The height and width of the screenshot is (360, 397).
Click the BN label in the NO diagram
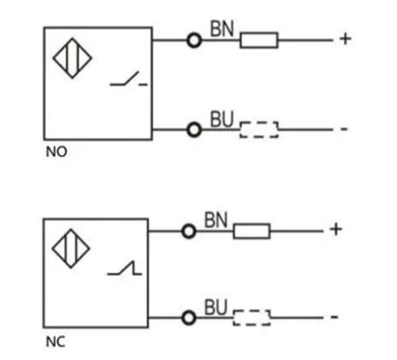pos(222,28)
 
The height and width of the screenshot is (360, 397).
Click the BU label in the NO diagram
pos(222,119)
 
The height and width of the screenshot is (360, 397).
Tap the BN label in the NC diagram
pos(216,220)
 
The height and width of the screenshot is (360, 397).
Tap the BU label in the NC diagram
pos(216,307)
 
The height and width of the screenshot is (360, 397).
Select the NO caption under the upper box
pos(56,151)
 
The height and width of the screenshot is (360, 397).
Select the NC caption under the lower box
pos(56,342)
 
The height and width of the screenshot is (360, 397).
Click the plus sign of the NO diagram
pos(345,38)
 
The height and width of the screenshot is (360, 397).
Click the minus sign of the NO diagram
pos(344,129)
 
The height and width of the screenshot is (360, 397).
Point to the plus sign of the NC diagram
pos(335,229)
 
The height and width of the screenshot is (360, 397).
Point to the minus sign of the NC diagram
pos(335,316)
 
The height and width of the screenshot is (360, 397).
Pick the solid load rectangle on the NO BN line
pos(259,40)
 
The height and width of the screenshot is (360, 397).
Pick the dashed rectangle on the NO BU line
pos(259,130)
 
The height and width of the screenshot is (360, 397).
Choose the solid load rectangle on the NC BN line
pos(252,231)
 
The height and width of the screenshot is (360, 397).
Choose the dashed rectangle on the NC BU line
pos(252,317)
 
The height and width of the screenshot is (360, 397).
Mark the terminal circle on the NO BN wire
pos(194,34)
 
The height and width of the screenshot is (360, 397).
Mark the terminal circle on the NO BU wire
pos(194,123)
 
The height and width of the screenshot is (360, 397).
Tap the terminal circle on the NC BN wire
pos(189,225)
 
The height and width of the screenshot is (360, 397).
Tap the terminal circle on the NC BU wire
pos(189,311)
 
